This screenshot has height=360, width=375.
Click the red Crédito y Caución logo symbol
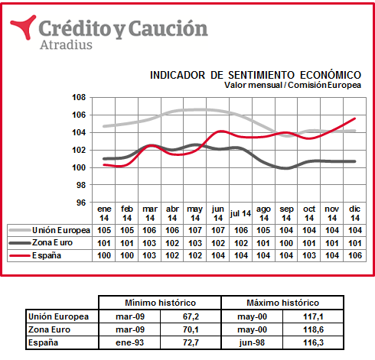click(x=24, y=27)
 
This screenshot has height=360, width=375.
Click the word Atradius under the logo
click(x=66, y=44)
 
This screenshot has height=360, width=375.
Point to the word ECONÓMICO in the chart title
click(x=331, y=75)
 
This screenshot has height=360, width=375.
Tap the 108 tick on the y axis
click(x=79, y=97)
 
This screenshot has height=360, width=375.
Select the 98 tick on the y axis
click(x=81, y=185)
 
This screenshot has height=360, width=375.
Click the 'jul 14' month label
click(x=240, y=213)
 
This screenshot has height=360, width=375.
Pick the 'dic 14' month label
click(x=355, y=213)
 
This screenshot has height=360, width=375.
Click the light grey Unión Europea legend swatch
click(x=20, y=230)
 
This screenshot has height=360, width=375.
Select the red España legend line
click(x=19, y=255)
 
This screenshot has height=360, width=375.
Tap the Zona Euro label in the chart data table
click(x=52, y=242)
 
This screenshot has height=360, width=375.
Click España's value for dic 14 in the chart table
click(x=355, y=255)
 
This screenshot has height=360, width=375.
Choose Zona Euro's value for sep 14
click(x=286, y=243)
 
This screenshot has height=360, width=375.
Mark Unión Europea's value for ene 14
click(x=104, y=230)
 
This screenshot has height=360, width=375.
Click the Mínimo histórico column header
click(x=160, y=303)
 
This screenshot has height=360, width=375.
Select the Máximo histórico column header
click(x=282, y=303)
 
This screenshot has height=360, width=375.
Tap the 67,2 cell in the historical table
click(x=191, y=316)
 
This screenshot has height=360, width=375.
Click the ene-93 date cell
click(x=130, y=342)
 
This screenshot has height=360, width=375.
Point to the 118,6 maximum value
click(x=313, y=329)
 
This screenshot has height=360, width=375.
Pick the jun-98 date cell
click(x=252, y=342)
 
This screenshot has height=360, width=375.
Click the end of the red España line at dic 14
click(x=355, y=118)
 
